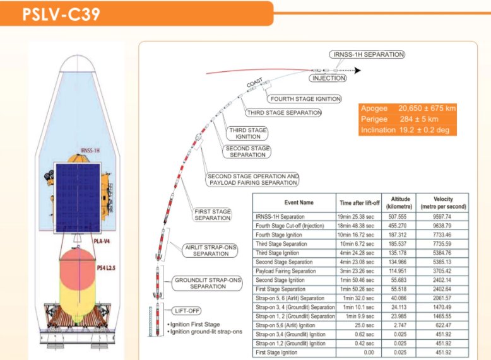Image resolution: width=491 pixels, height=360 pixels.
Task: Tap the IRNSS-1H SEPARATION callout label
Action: click(367, 55)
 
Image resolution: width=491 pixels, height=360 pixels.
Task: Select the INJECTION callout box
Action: click(328, 78)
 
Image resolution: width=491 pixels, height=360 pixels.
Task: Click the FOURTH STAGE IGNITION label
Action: click(305, 99)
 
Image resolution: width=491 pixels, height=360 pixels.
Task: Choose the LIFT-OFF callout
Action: click(187, 310)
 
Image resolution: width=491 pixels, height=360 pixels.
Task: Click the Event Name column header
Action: click(293, 202)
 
